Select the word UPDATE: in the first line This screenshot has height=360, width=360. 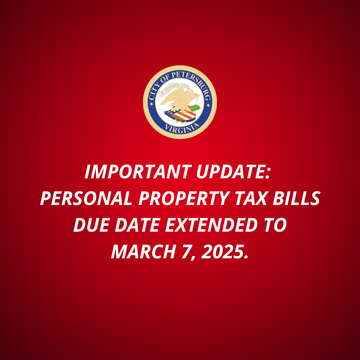click(233, 172)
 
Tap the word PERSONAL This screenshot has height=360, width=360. click(86, 198)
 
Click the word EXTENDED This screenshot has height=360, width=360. click(211, 225)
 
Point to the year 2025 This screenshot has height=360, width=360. click(225, 252)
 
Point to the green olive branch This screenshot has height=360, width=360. click(194, 107)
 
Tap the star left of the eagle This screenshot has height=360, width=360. click(151, 104)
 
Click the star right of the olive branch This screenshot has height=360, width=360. click(208, 105)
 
